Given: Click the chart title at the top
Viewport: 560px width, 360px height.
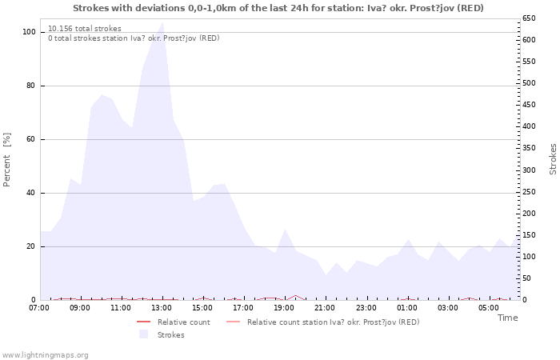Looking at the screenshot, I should coord(278,8).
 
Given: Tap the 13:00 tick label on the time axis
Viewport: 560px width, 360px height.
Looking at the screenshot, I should coord(162,307).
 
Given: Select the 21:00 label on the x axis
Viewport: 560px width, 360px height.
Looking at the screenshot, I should coord(325,307).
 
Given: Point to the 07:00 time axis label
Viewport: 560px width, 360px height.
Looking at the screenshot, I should coord(39,307).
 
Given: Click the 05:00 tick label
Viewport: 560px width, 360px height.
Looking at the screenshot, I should coord(489,307).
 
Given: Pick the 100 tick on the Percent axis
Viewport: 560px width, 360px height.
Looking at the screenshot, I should coord(29,32).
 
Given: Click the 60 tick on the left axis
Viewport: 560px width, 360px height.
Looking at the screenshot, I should coord(31,139).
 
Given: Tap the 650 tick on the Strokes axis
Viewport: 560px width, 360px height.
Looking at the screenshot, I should coord(529,18).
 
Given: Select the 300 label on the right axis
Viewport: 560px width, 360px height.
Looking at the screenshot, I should coord(529,170).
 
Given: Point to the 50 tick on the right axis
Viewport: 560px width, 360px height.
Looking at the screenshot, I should coord(526,278).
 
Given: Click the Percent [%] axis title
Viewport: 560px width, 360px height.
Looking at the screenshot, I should coord(7,160).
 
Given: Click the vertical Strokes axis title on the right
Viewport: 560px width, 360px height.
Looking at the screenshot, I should coord(553,158).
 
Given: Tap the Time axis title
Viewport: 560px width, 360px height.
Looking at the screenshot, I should coord(507,318).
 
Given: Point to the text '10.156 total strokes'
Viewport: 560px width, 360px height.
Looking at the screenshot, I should coord(85,29).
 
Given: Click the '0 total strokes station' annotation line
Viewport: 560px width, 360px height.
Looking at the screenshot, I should coord(134,38).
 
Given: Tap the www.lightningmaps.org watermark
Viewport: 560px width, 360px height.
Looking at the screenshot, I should coord(46,354).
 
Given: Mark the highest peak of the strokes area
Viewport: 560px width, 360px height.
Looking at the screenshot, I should coord(162,22).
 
